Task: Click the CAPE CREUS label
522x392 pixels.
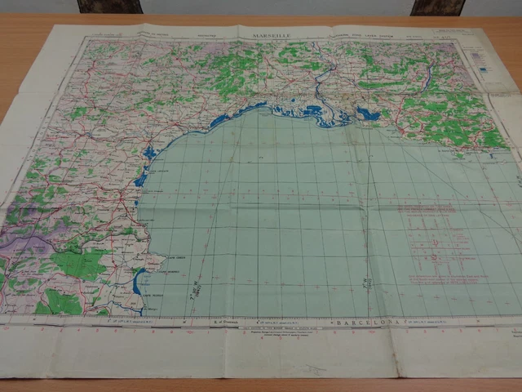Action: [157, 259]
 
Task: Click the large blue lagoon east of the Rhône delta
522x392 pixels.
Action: [369, 114]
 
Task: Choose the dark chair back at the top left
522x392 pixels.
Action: [109, 7]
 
